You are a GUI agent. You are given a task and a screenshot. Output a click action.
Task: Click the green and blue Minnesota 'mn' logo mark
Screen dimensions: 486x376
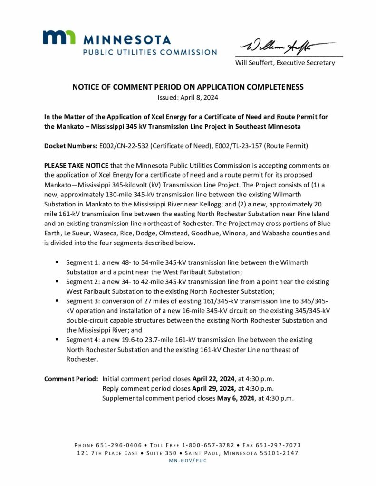coord(58,37)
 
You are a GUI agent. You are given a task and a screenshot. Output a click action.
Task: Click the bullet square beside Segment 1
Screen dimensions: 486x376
coord(57,262)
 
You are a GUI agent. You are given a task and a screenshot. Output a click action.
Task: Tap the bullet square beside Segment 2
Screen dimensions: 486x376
coord(57,281)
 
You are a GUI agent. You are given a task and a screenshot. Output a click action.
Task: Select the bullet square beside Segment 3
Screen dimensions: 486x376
coord(57,301)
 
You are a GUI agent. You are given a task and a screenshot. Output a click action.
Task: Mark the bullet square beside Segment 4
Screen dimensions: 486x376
coord(57,340)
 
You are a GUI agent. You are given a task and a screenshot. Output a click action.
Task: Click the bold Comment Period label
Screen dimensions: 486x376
coord(71,379)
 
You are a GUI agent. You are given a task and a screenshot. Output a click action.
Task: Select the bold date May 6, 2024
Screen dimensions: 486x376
coord(236,398)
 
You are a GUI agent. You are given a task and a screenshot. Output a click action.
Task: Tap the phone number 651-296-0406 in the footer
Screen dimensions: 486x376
coord(119,445)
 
